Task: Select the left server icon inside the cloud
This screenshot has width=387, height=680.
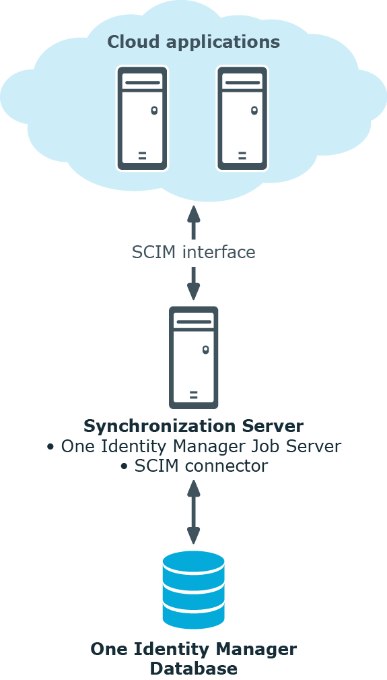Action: tap(142, 119)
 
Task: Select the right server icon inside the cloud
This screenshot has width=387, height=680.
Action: tap(242, 119)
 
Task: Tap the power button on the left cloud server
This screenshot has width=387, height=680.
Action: tap(154, 110)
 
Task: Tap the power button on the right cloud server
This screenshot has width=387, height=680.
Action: tap(254, 110)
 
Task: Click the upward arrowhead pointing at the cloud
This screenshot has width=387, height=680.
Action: tap(194, 214)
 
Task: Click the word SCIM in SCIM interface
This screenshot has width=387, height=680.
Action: tap(154, 252)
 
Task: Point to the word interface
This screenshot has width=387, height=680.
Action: tap(219, 252)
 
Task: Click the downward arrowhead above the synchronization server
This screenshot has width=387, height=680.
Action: tap(194, 291)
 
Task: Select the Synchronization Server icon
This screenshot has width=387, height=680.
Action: tap(194, 357)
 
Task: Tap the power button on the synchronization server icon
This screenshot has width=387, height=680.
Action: tap(206, 350)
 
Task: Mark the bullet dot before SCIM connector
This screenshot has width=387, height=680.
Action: tap(125, 466)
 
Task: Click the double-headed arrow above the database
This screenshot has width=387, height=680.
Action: tap(194, 512)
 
